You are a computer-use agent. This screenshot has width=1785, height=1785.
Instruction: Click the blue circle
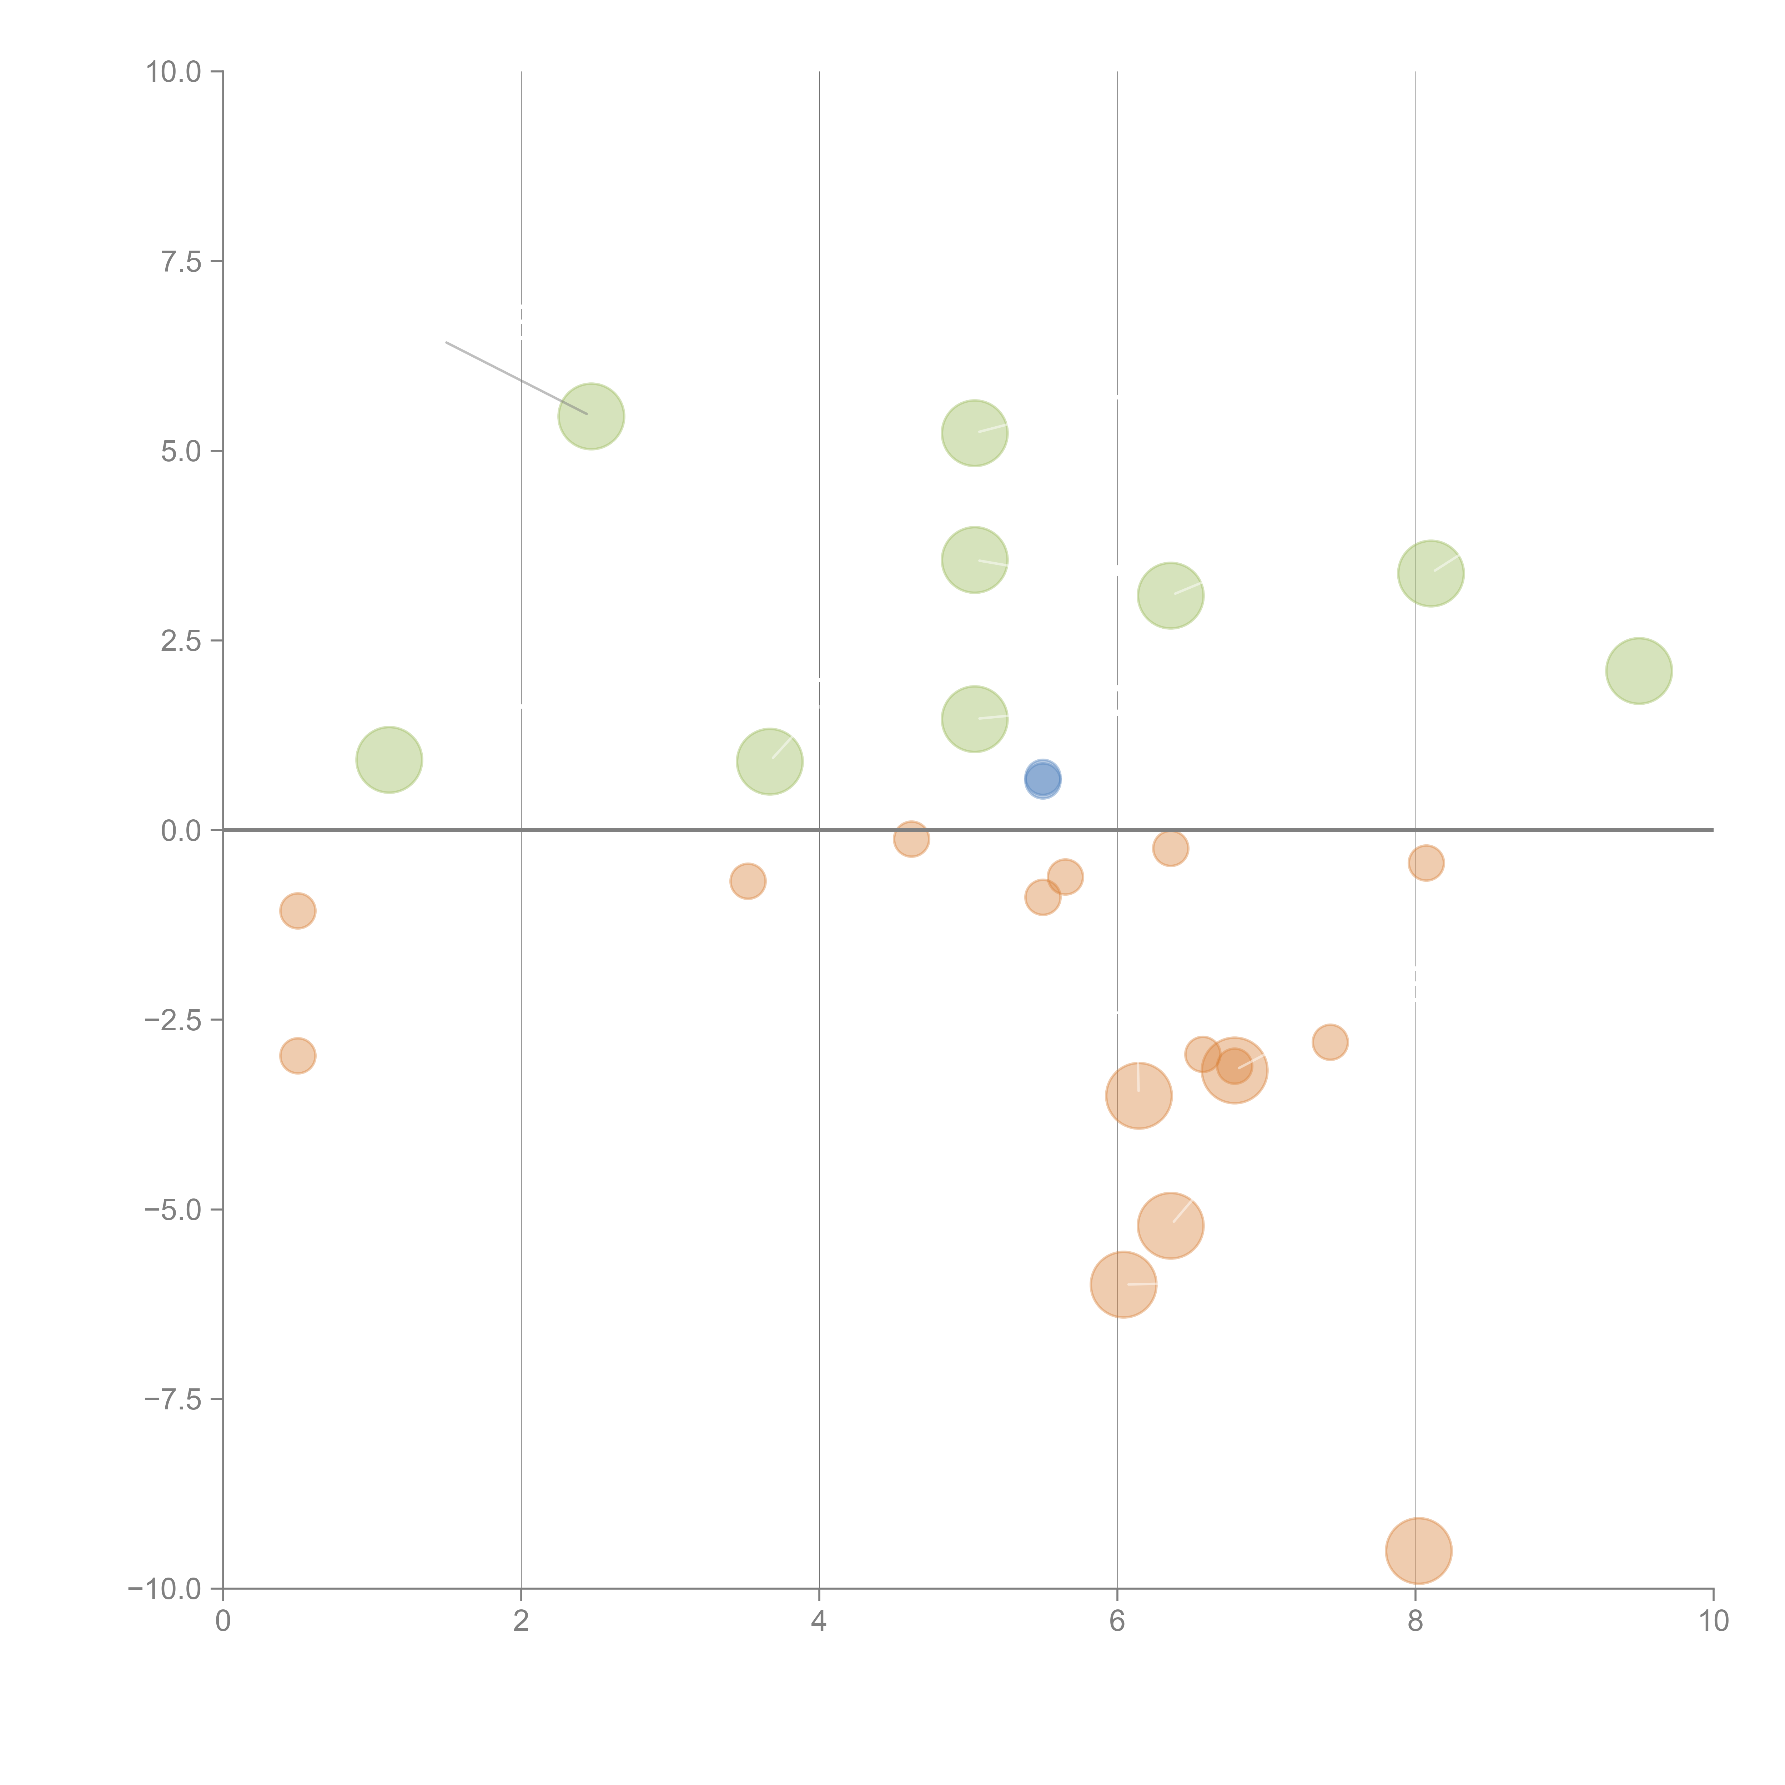tap(1042, 780)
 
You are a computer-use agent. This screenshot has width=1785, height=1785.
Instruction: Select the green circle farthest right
tap(1638, 671)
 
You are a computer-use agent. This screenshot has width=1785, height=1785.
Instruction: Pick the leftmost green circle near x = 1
tap(389, 759)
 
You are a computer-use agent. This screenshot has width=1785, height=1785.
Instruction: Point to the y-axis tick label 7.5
tap(181, 261)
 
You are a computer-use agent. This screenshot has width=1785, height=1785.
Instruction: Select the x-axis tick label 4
tap(819, 1620)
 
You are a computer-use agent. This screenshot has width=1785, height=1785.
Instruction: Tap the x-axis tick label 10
tap(1713, 1620)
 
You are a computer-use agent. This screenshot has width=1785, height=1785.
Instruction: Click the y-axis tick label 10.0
tap(174, 72)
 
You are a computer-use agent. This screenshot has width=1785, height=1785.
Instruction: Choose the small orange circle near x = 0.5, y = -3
tap(297, 1055)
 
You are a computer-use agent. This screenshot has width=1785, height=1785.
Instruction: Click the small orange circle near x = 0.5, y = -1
tap(297, 911)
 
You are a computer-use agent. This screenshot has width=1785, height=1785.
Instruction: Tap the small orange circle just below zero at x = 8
tap(1426, 863)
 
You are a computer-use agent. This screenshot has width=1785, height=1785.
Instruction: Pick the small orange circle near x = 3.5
tap(748, 881)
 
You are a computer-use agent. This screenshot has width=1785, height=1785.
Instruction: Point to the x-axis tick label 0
tap(223, 1620)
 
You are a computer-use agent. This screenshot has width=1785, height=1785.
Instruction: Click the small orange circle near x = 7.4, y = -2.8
tap(1329, 1042)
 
